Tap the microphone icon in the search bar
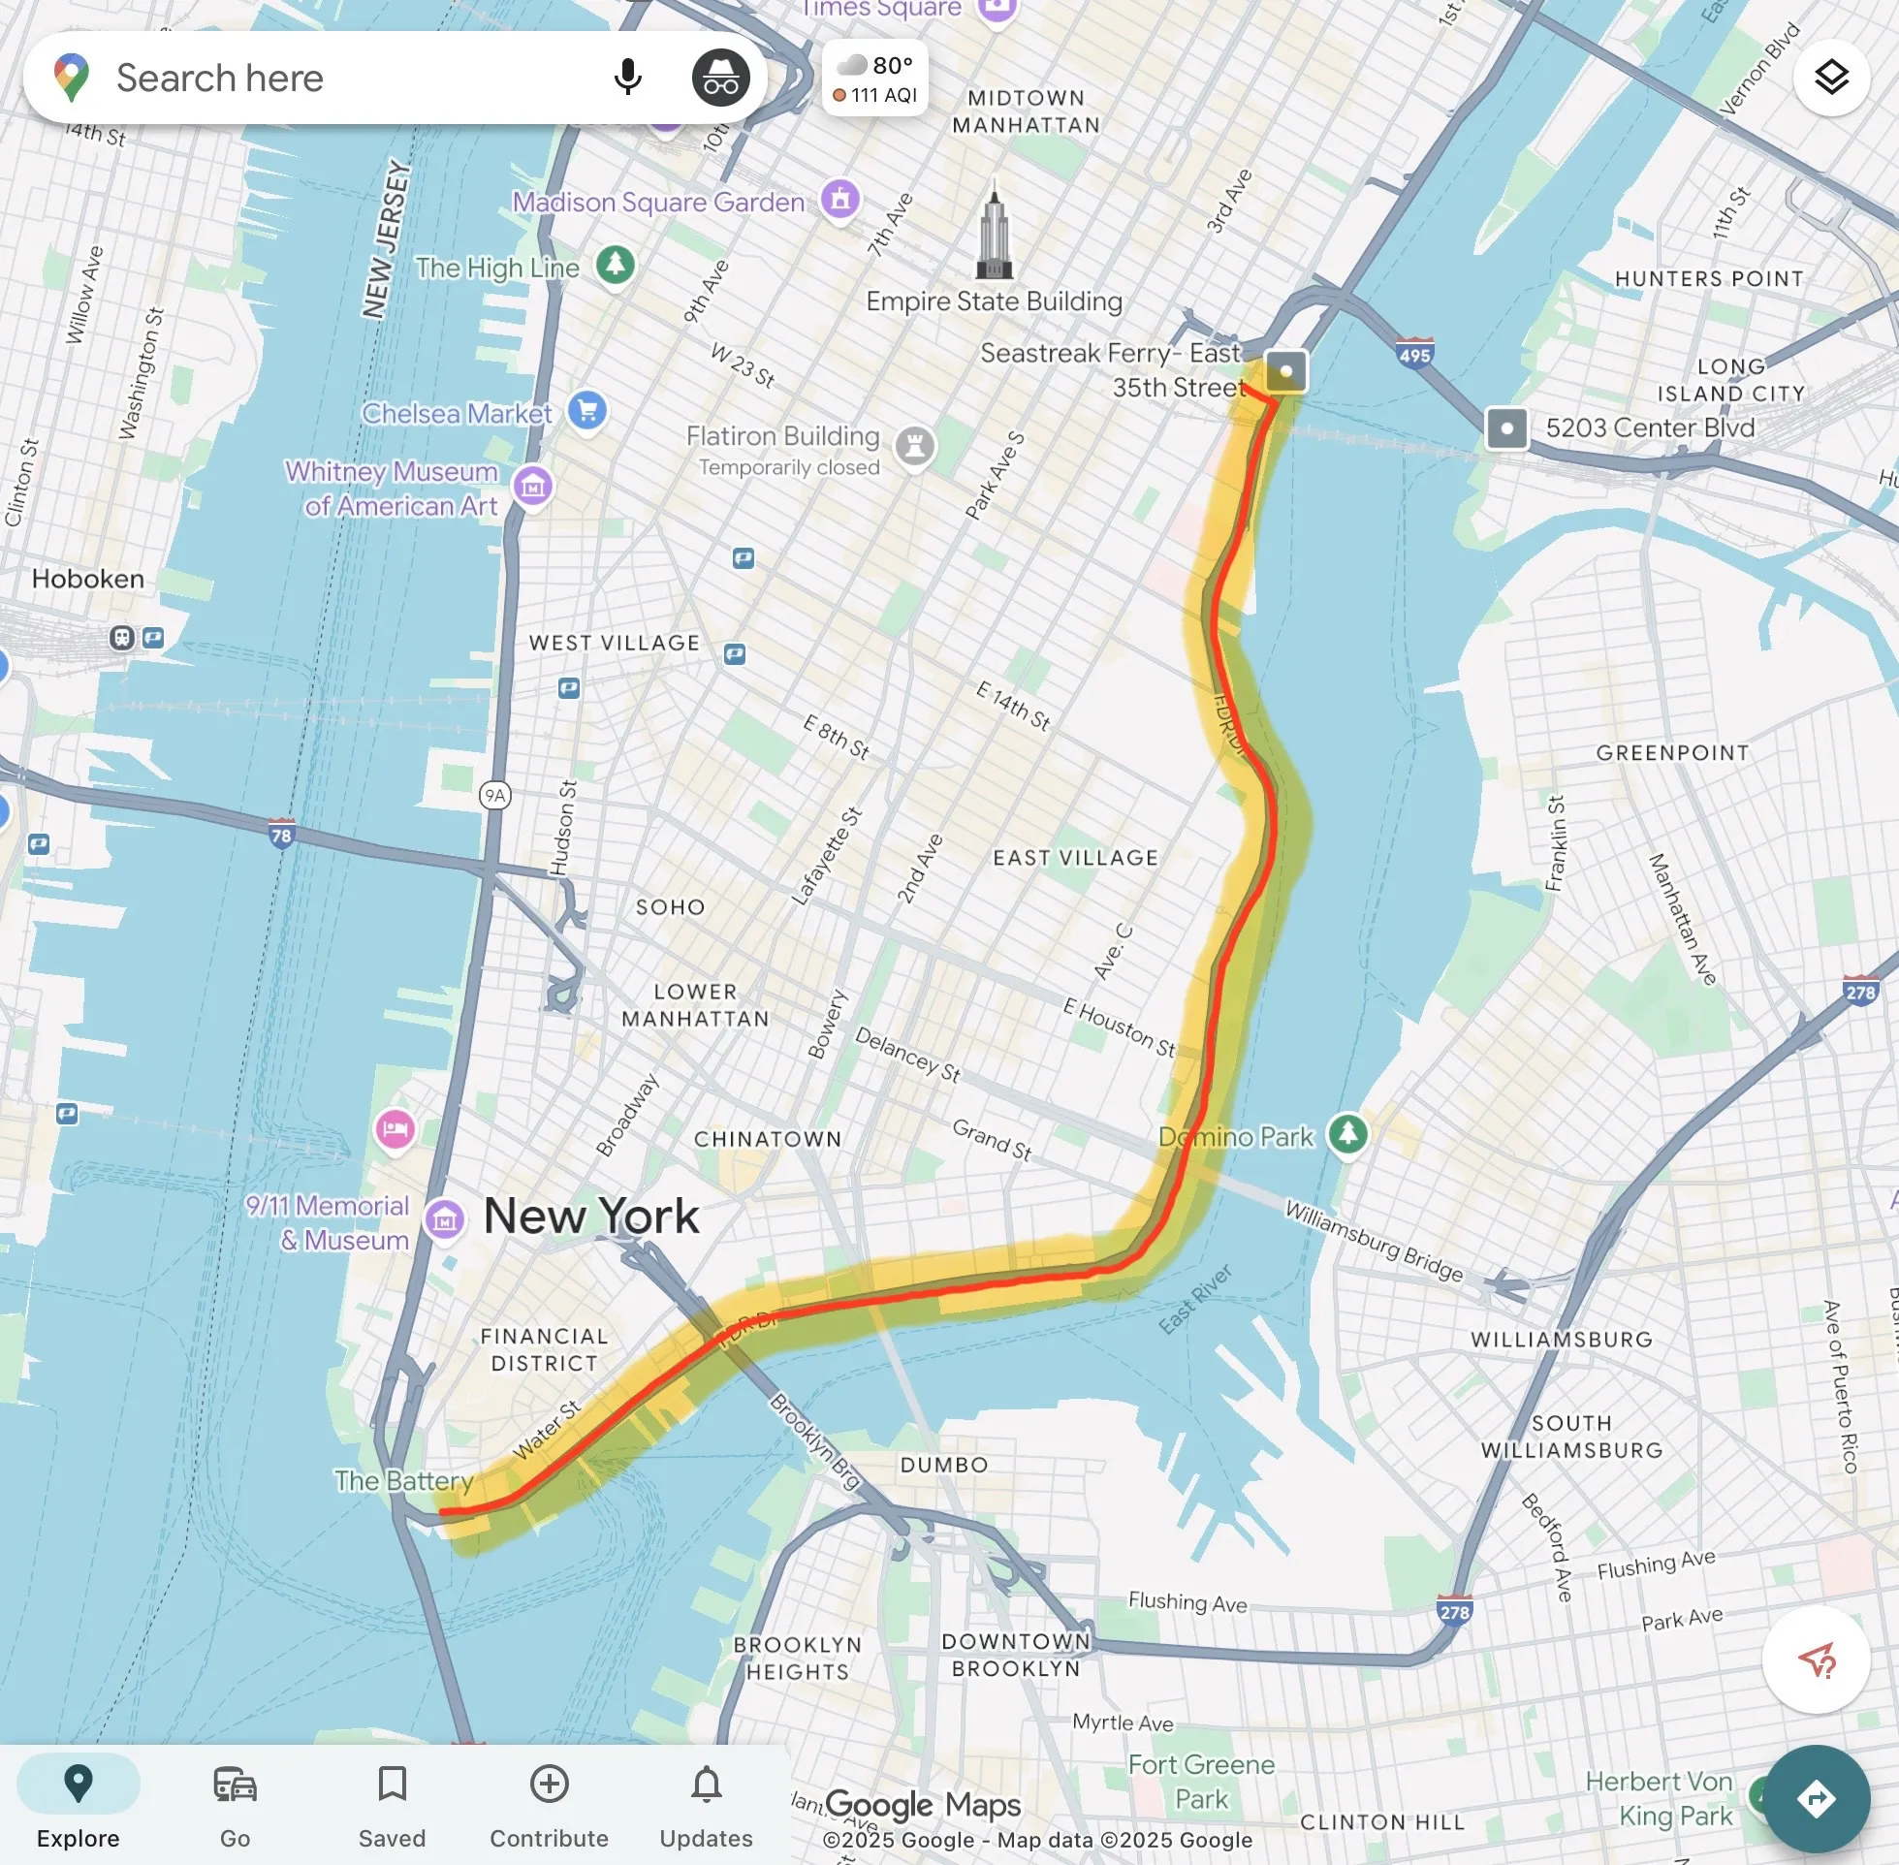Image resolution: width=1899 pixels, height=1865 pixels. (x=627, y=78)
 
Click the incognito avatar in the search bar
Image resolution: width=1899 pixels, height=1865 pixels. (x=721, y=78)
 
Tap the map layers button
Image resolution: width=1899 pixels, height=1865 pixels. (x=1830, y=78)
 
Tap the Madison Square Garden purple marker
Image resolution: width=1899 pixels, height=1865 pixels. (x=839, y=200)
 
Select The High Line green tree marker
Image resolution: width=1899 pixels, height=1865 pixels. (x=615, y=265)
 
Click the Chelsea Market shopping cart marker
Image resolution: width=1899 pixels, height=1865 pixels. (x=586, y=410)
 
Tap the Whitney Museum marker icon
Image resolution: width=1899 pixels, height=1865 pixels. (x=533, y=486)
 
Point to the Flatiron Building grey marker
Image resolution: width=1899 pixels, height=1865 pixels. (x=915, y=446)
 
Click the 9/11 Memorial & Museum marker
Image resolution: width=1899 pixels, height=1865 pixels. (x=445, y=1219)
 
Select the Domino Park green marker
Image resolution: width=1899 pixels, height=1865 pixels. (x=1347, y=1134)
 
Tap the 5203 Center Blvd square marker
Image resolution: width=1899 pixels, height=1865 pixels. (x=1506, y=428)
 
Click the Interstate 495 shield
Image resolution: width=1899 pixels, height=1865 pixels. (x=1414, y=354)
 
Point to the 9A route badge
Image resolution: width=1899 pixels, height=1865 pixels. (x=495, y=796)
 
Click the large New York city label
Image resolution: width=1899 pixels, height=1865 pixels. (x=591, y=1217)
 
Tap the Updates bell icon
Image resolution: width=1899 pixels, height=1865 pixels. (x=706, y=1786)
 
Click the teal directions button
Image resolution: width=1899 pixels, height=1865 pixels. (x=1816, y=1798)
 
